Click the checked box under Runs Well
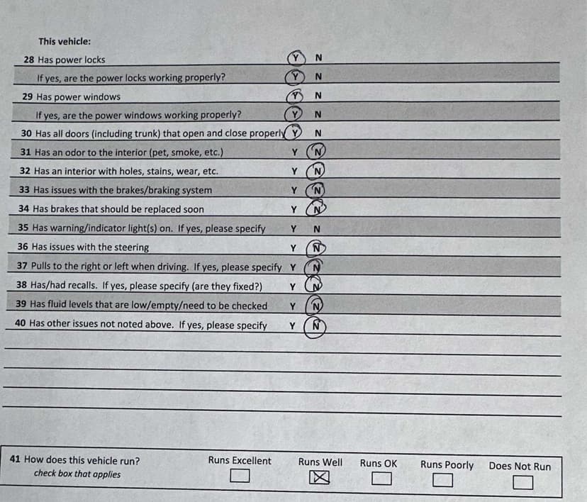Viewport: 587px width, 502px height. pos(315,481)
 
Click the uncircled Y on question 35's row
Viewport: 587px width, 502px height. pos(293,229)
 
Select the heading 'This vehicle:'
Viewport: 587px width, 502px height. pos(65,42)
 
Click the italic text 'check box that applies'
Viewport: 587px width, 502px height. pos(77,474)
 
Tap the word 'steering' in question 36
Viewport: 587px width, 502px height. pos(131,247)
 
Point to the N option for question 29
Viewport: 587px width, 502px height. pos(318,96)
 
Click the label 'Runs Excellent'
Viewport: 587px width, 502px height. pos(240,461)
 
